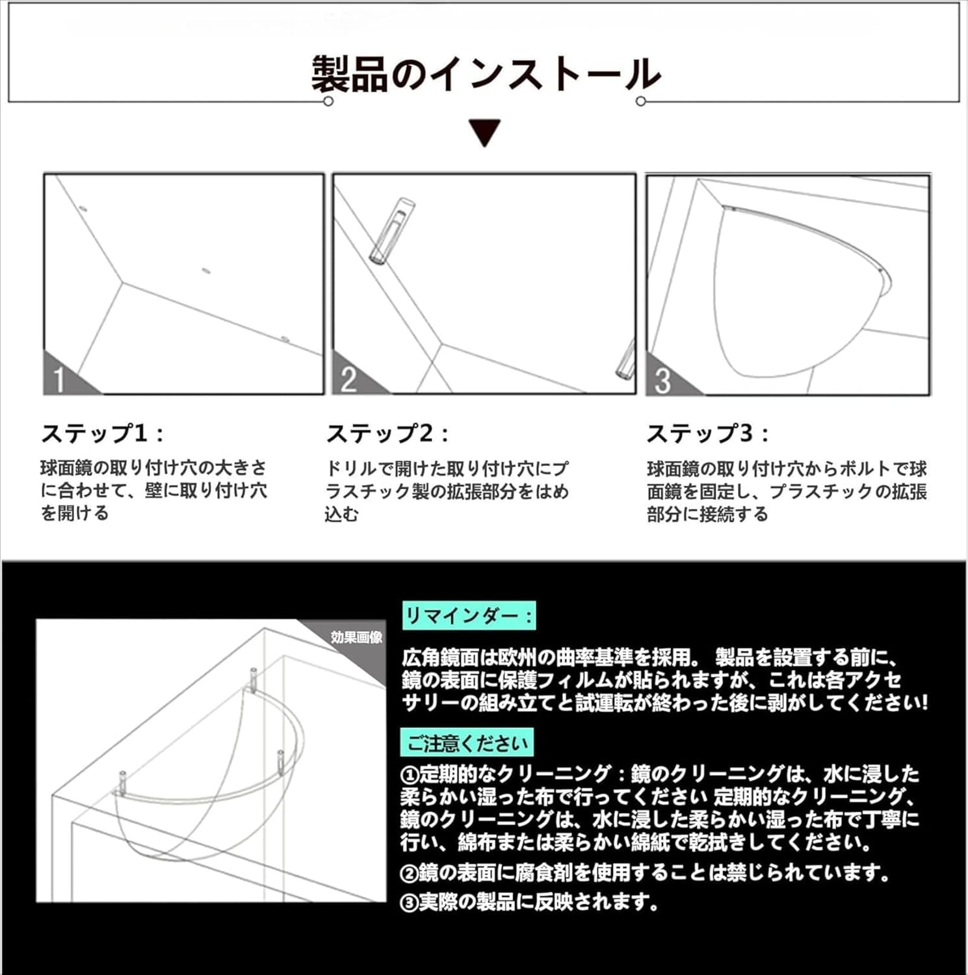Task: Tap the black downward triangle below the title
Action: coord(485,132)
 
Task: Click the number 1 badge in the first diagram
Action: coord(60,380)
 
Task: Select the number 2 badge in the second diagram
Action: coord(348,380)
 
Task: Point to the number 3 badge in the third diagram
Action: coord(662,381)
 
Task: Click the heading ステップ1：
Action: coord(102,434)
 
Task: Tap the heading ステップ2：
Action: coord(387,434)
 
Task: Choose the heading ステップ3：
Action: coord(707,434)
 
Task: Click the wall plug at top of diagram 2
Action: coord(392,230)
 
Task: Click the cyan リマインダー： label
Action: coord(469,615)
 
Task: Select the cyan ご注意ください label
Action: coord(467,742)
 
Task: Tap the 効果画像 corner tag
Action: coord(356,637)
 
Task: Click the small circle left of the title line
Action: coord(328,101)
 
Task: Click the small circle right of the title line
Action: coord(641,101)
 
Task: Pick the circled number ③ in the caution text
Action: coord(409,903)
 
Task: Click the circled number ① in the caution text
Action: coord(409,775)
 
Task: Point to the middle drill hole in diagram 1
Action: coord(206,270)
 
